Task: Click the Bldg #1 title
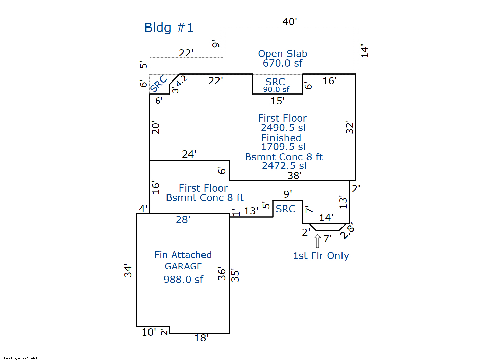[169, 28]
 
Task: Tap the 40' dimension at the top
[290, 22]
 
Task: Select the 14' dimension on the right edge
[364, 51]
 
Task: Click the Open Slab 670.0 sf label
[283, 58]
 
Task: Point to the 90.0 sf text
[276, 90]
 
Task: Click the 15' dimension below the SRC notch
[277, 101]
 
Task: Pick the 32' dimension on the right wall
[349, 127]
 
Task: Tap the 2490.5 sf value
[283, 128]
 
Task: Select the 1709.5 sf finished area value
[283, 147]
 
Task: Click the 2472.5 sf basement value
[284, 166]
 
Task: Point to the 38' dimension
[294, 176]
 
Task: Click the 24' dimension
[189, 154]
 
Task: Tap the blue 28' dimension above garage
[183, 220]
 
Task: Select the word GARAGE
[183, 266]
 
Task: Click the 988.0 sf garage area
[183, 280]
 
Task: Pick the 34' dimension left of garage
[128, 270]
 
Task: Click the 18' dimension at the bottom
[201, 338]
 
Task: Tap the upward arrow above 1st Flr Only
[318, 241]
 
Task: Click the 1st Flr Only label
[321, 256]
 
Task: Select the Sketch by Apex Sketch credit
[20, 358]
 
